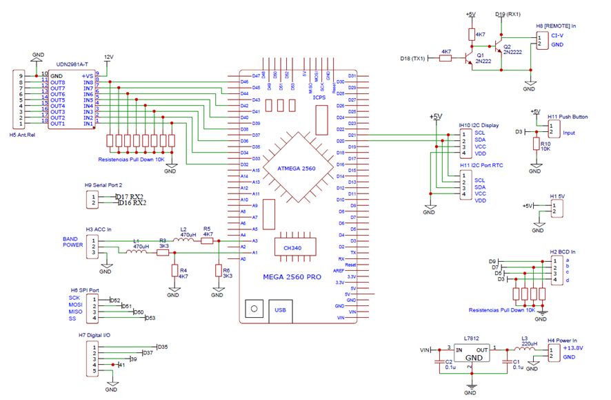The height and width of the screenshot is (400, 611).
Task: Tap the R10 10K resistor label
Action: (545, 144)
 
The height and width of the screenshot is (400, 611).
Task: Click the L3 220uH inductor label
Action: (529, 341)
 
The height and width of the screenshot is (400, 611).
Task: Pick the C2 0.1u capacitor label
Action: (448, 364)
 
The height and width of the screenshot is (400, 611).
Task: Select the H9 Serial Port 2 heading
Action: (103, 185)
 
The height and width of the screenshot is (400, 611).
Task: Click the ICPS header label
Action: (319, 97)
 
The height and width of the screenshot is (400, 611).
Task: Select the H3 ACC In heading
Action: (98, 229)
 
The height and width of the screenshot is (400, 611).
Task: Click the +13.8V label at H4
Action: (573, 349)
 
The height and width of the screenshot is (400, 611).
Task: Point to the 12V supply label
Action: (108, 57)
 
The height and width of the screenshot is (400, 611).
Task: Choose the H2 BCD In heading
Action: (564, 251)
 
